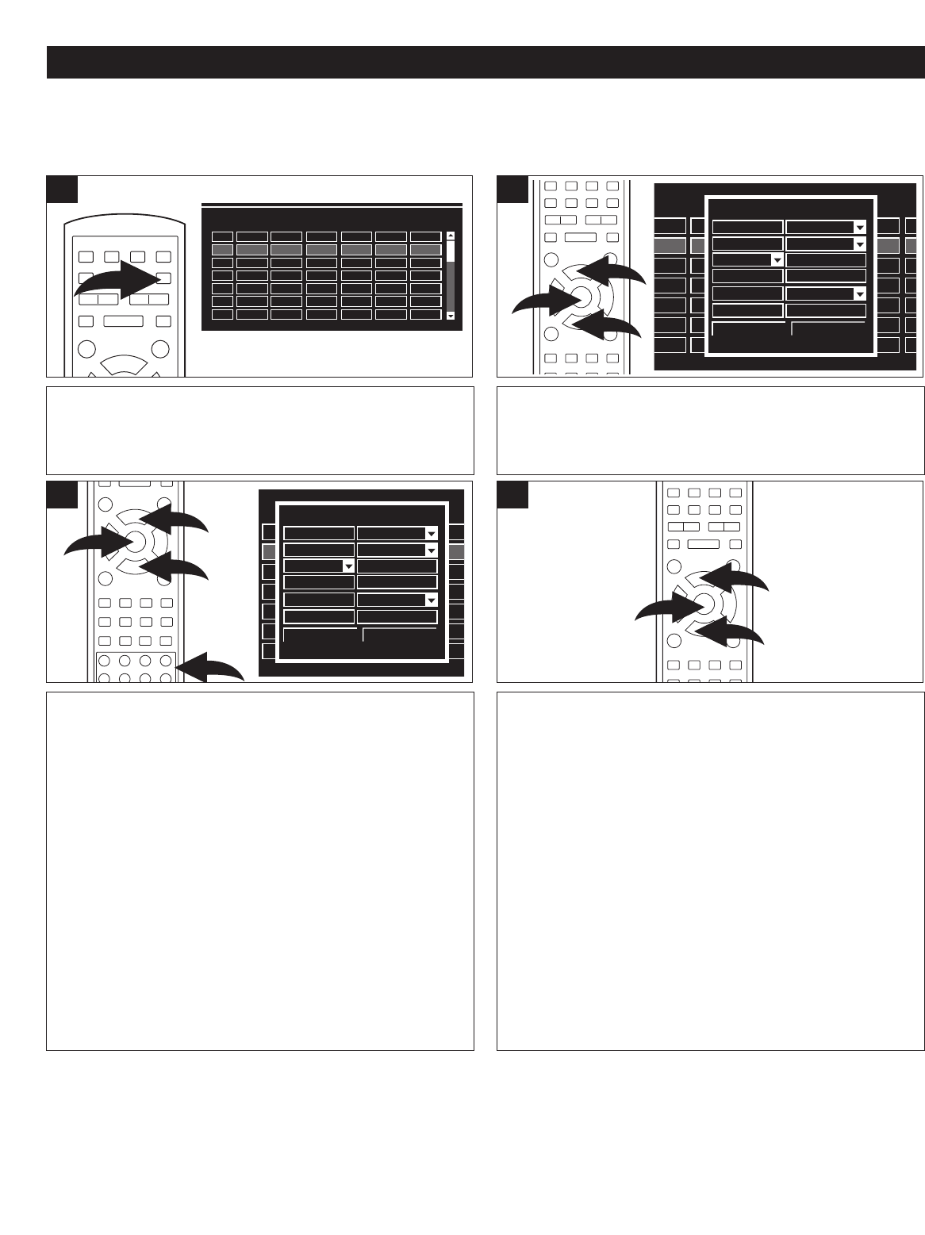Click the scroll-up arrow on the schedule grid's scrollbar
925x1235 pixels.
[x=451, y=236]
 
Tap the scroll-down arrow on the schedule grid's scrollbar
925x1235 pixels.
[x=451, y=315]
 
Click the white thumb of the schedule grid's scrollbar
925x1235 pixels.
[x=451, y=251]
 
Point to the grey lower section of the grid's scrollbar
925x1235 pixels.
[x=451, y=286]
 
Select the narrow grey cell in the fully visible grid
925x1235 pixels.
[x=222, y=249]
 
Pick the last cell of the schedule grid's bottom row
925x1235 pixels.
[x=425, y=315]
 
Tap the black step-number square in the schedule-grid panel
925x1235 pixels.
[x=62, y=190]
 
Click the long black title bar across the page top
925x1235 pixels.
[x=486, y=63]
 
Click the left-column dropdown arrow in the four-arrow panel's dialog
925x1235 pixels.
[x=347, y=566]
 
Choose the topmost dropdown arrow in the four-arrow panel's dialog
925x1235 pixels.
[x=431, y=533]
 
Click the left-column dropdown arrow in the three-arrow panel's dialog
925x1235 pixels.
[x=777, y=259]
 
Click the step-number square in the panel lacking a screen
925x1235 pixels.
[x=512, y=495]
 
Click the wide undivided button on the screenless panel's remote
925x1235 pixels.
[x=703, y=544]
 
